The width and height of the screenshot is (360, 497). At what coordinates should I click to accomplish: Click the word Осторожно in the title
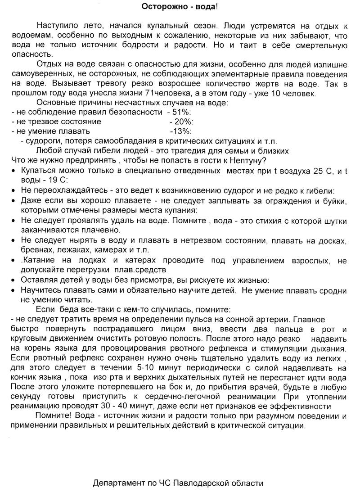tap(159, 6)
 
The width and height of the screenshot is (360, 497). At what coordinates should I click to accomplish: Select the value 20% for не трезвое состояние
tap(181, 122)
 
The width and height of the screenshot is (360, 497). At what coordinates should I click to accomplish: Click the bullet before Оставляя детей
tap(13, 280)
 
